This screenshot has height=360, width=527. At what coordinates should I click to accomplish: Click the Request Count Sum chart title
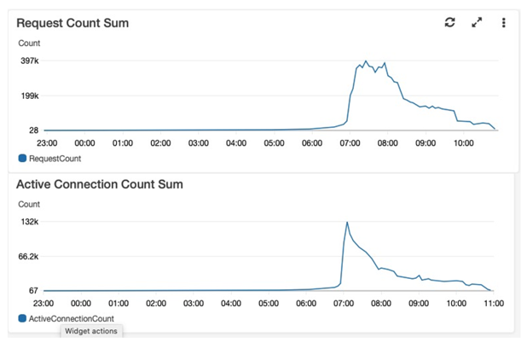(72, 23)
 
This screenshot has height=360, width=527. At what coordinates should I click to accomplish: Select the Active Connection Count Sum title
(100, 184)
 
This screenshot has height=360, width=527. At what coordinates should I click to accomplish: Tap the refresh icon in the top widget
(449, 22)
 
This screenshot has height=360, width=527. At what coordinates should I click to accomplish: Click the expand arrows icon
(477, 22)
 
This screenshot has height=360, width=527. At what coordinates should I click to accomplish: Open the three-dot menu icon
(503, 22)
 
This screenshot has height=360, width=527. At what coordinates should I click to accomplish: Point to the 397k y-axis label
(30, 61)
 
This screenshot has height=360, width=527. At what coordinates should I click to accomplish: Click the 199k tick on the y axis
(30, 96)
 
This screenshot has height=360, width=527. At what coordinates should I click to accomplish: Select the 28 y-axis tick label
(33, 131)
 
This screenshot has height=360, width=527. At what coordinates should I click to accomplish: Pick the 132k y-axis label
(30, 222)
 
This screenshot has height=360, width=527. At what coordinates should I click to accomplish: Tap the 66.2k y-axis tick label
(29, 257)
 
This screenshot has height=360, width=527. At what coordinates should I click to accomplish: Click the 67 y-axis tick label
(33, 291)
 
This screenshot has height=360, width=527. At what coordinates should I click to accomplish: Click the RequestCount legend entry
(49, 159)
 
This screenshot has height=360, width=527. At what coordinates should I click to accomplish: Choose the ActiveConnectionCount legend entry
(67, 319)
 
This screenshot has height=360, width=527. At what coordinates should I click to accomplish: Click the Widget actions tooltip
(91, 331)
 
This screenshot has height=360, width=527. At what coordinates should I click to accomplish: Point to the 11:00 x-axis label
(494, 304)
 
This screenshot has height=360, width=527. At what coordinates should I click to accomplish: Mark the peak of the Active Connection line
(347, 222)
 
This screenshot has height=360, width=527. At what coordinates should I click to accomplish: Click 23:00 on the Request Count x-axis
(47, 143)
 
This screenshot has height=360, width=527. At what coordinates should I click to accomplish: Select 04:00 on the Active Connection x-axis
(231, 304)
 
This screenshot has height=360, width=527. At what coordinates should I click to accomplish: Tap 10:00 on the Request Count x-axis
(464, 143)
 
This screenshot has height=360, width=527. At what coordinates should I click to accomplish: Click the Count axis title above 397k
(29, 44)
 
